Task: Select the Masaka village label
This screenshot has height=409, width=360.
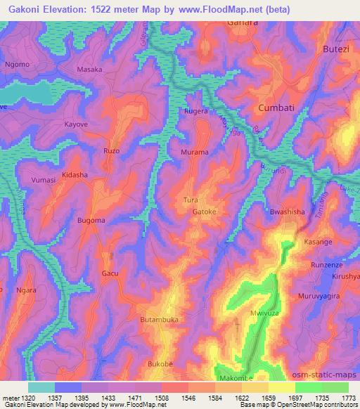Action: (x=89, y=70)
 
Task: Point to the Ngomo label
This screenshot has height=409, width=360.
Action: (x=18, y=65)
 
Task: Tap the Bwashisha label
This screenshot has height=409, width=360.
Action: (x=287, y=211)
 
